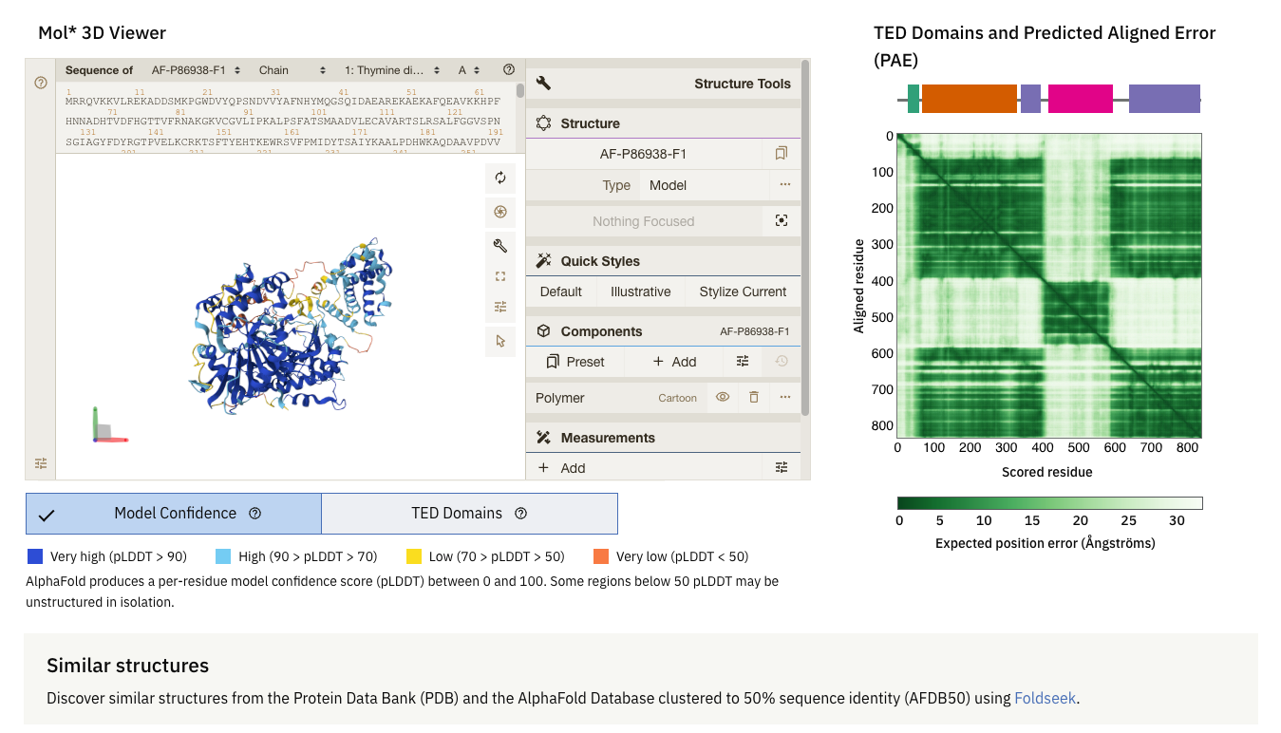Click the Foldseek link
(1045, 698)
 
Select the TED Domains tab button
(469, 514)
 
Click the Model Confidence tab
(175, 514)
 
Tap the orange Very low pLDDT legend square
(600, 556)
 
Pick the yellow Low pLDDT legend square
(413, 556)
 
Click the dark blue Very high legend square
(35, 556)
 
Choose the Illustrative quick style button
(640, 291)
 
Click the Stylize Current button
(743, 291)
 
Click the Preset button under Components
(575, 362)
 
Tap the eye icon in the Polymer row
(723, 398)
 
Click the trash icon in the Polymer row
(754, 398)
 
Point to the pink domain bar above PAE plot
(1080, 99)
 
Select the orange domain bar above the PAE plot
(969, 99)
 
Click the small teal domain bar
(914, 99)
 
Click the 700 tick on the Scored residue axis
(1151, 447)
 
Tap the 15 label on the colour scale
(1032, 520)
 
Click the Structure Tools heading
(742, 84)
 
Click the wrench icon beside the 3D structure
(500, 246)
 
